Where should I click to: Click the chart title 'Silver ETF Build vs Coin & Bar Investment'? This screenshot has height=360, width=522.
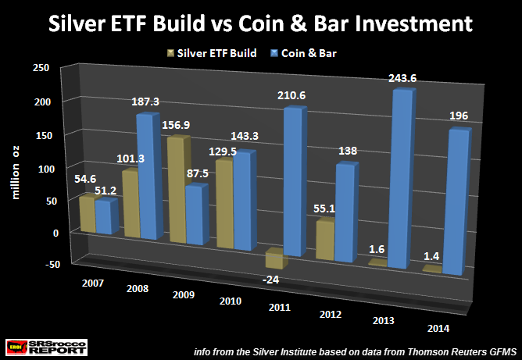[x=261, y=23]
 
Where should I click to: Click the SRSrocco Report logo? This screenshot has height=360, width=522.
[x=34, y=346]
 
